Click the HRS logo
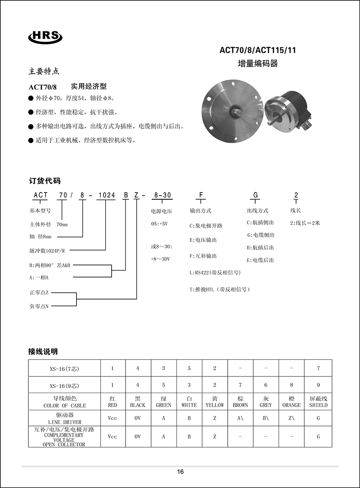point(45,36)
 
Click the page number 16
point(180,472)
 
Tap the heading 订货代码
point(45,181)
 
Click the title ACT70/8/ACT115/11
point(257,51)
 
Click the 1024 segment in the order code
point(106,195)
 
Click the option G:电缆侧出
point(261,235)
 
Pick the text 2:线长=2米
point(305,223)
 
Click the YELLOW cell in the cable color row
point(215,402)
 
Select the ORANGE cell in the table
point(292,402)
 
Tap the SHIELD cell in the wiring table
point(318,402)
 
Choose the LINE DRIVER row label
point(64,419)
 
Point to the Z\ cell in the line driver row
point(292,418)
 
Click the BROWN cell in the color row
point(240,402)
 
